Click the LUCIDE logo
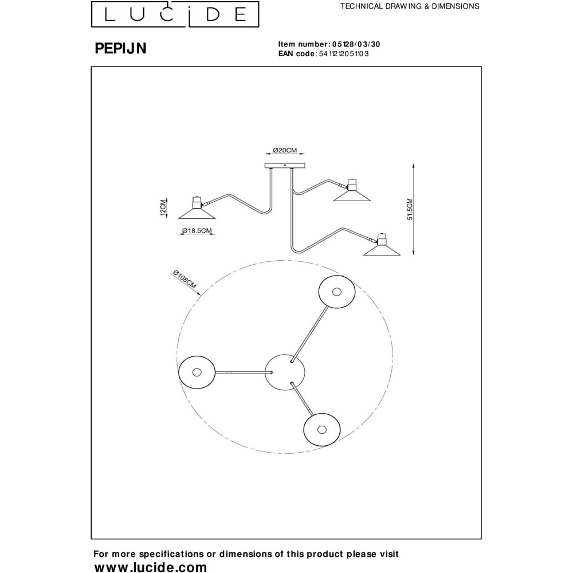pos(175,14)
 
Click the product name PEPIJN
pos(120,48)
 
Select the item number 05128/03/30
pos(356,44)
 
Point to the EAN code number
pos(343,54)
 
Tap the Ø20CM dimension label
pos(285,150)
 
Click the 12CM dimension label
pos(163,207)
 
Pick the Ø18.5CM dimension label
pos(197,230)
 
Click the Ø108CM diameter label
pos(185,279)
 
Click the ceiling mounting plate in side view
pos(285,166)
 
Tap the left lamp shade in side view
pos(197,214)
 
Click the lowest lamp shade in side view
pos(382,250)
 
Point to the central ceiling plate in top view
pos(285,372)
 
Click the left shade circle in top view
pos(197,372)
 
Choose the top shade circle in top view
pos(336,292)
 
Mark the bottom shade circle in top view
pos(322,429)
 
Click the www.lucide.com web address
pos(151,567)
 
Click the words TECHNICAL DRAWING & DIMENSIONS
pos(410,6)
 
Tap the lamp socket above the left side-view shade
pos(197,203)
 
